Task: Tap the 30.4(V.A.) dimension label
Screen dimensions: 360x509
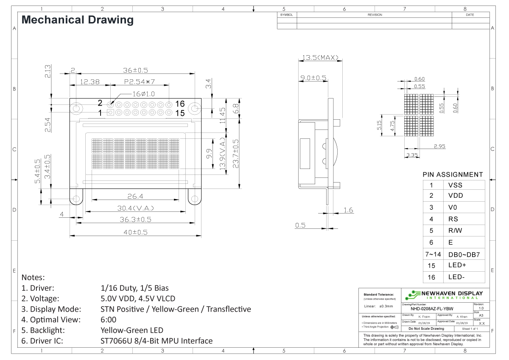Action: point(135,208)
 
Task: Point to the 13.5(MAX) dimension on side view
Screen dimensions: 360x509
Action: point(320,58)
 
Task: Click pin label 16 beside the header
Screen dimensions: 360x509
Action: point(180,104)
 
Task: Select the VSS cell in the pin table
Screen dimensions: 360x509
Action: point(455,185)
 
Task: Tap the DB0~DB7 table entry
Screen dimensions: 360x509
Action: point(464,255)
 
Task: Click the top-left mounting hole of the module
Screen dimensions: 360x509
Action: point(76,109)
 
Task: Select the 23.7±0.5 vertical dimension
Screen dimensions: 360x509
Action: point(236,153)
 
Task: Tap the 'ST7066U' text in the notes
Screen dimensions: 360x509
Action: point(113,340)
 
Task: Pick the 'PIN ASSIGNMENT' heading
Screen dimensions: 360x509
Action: point(453,174)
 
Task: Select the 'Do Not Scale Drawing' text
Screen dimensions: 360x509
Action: point(426,329)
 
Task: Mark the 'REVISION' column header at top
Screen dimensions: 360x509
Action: point(375,15)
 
